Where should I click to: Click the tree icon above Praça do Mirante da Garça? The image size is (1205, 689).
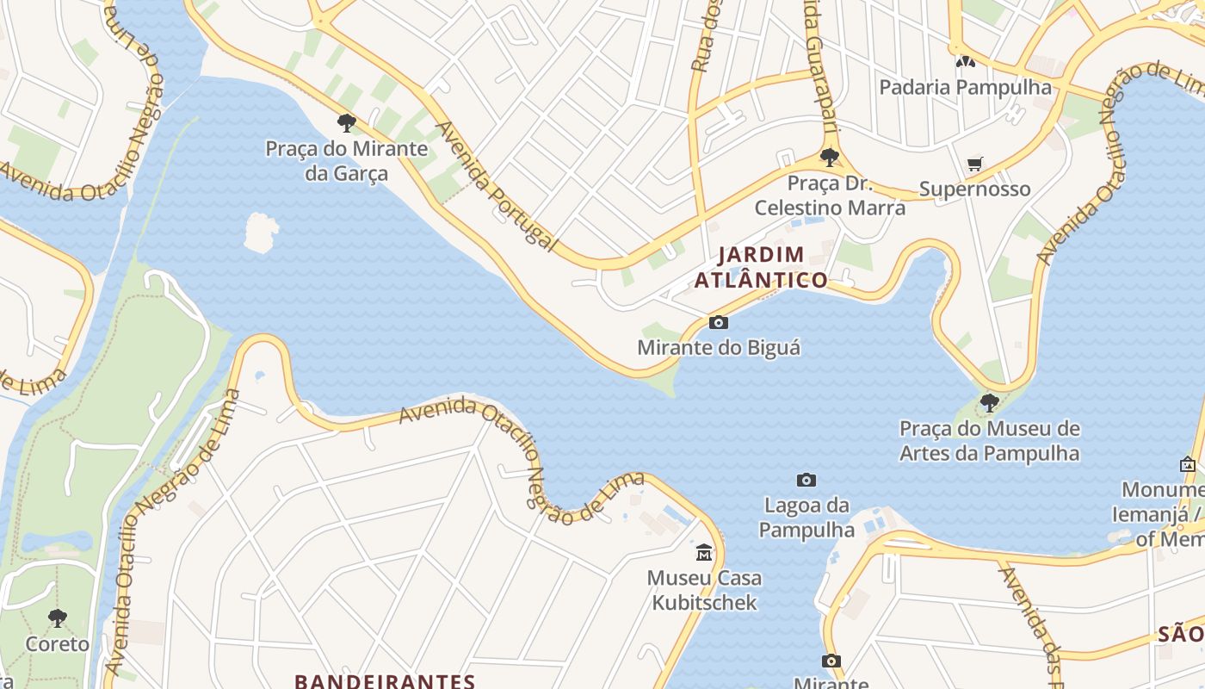click(347, 123)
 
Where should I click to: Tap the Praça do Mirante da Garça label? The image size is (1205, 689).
click(346, 161)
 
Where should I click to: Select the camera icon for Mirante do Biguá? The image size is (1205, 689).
click(718, 323)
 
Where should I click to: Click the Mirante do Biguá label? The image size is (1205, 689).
click(719, 348)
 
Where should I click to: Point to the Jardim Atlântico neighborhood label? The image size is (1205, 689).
click(761, 267)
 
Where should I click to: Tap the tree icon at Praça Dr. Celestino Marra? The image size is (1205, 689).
click(830, 158)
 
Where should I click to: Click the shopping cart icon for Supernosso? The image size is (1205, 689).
click(975, 164)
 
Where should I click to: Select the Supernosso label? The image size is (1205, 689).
click(975, 189)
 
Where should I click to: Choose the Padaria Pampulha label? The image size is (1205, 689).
click(965, 87)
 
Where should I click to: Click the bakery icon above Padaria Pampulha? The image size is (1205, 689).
click(965, 62)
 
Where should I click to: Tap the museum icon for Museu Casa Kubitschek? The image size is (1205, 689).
click(704, 551)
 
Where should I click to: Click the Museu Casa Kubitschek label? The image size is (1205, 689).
click(704, 589)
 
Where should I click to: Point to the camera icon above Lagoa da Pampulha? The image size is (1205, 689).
click(806, 480)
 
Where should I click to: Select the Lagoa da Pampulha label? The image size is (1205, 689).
click(806, 517)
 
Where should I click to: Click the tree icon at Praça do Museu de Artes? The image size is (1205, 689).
click(990, 402)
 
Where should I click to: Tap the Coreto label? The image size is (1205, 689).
click(58, 644)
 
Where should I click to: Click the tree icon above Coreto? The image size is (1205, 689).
click(58, 618)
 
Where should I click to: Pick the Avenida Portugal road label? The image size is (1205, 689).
click(496, 186)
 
